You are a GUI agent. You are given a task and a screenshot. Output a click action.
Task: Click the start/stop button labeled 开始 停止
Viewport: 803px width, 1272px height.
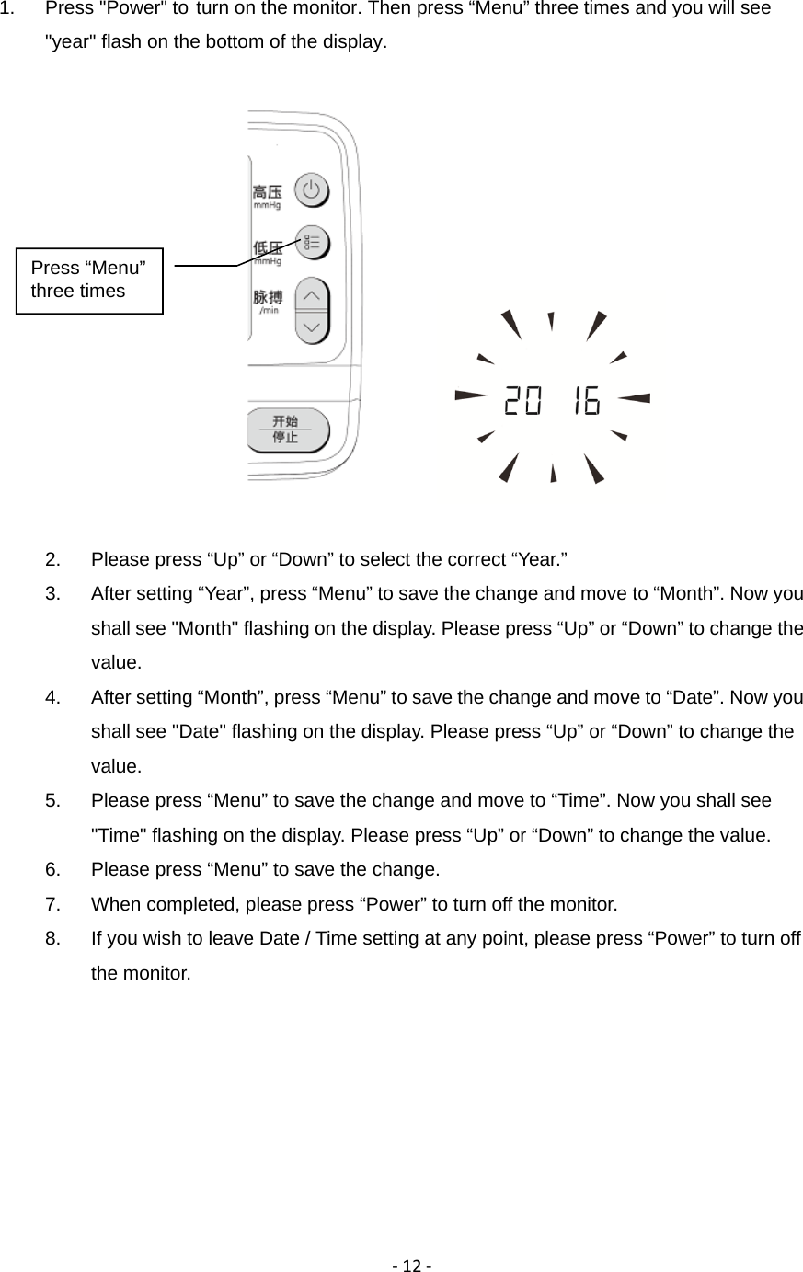tap(287, 430)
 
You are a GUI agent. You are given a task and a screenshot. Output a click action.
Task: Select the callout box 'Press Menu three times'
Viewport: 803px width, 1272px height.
tap(90, 280)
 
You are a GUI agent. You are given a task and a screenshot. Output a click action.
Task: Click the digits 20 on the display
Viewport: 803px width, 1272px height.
tap(522, 401)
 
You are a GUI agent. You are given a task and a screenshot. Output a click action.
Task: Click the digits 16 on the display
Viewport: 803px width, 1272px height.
tap(583, 401)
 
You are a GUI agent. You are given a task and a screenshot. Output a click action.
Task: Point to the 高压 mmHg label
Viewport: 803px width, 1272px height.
tap(267, 197)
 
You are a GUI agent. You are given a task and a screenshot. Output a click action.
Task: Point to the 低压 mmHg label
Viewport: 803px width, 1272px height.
tap(267, 252)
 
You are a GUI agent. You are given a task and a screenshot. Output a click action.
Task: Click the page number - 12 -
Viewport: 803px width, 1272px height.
tap(401, 1266)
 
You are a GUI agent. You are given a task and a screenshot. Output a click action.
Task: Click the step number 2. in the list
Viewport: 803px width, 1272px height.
tap(53, 559)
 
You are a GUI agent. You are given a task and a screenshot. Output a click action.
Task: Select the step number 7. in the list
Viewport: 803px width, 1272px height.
tap(53, 904)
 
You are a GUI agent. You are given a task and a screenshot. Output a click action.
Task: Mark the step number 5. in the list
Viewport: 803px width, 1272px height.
tap(53, 801)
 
